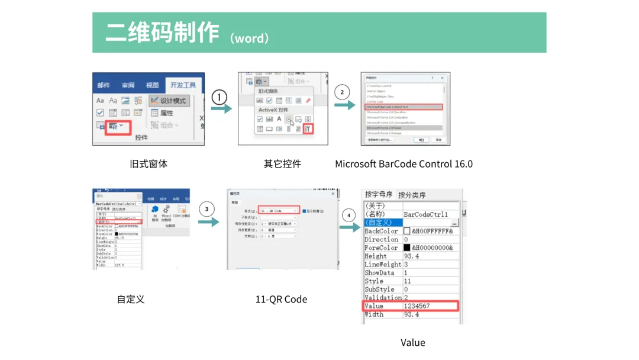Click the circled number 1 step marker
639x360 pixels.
(x=220, y=97)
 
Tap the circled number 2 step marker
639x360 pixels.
(x=342, y=92)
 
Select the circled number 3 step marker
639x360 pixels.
(x=206, y=209)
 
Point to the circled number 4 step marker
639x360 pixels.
(x=348, y=214)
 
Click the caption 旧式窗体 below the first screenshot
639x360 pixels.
(x=149, y=163)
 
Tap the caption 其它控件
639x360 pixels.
(x=282, y=163)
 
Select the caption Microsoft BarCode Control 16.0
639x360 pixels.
(x=404, y=163)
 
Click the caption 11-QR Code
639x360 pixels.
(x=281, y=299)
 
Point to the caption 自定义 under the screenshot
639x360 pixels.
(x=131, y=299)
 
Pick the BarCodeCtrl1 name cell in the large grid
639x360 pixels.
(x=425, y=214)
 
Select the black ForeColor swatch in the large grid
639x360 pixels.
(x=406, y=247)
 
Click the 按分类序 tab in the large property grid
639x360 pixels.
(x=412, y=195)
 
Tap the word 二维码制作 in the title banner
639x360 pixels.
(x=162, y=33)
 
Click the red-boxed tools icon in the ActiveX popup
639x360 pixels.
(x=307, y=128)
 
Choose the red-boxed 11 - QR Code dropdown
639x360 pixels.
(x=279, y=211)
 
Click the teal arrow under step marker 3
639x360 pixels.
(x=208, y=223)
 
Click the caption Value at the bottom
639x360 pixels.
(x=412, y=342)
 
